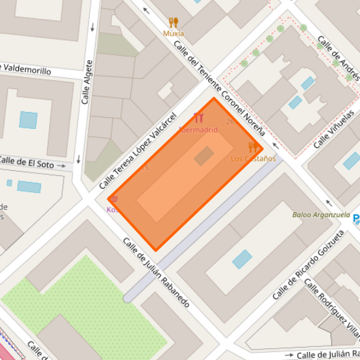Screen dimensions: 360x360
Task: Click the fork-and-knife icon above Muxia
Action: pyautogui.click(x=173, y=22)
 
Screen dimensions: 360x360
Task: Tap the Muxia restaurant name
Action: pyautogui.click(x=173, y=33)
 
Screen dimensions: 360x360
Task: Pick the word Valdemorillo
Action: pyautogui.click(x=26, y=69)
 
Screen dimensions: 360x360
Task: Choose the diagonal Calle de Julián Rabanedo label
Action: pyautogui.click(x=156, y=272)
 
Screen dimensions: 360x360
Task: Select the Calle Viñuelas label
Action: pyautogui.click(x=334, y=128)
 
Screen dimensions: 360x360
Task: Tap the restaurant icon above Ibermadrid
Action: pyautogui.click(x=199, y=118)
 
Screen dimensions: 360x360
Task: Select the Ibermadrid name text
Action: pyautogui.click(x=198, y=130)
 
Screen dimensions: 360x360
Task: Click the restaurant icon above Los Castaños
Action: pyautogui.click(x=253, y=147)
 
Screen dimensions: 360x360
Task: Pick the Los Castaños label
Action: pyautogui.click(x=253, y=158)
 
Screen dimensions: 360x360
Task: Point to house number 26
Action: pyautogui.click(x=230, y=122)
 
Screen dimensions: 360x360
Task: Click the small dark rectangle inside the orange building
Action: pyautogui.click(x=204, y=156)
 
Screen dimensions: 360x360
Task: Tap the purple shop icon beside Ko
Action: pyautogui.click(x=113, y=198)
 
